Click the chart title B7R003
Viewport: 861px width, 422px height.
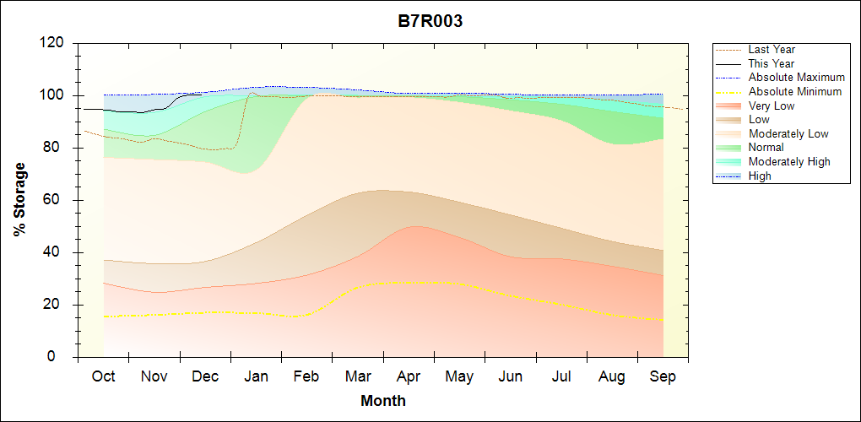430,22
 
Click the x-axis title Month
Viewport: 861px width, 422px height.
383,401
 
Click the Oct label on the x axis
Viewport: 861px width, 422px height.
103,376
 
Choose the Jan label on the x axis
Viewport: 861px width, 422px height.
256,376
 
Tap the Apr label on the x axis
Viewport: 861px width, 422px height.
409,376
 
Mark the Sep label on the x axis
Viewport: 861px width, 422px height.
663,376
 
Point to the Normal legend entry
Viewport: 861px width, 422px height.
766,148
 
